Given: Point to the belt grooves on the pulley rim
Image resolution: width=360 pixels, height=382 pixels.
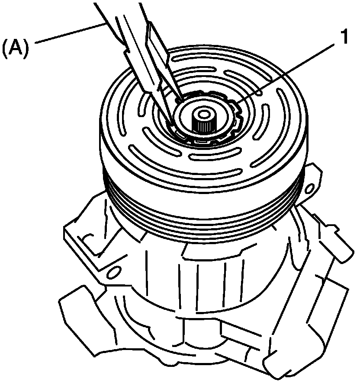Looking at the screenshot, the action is (202, 214).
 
